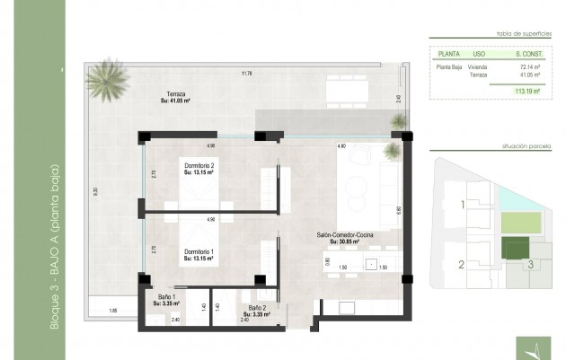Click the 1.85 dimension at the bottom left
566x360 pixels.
coord(112,310)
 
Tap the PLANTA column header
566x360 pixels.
coord(447,53)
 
